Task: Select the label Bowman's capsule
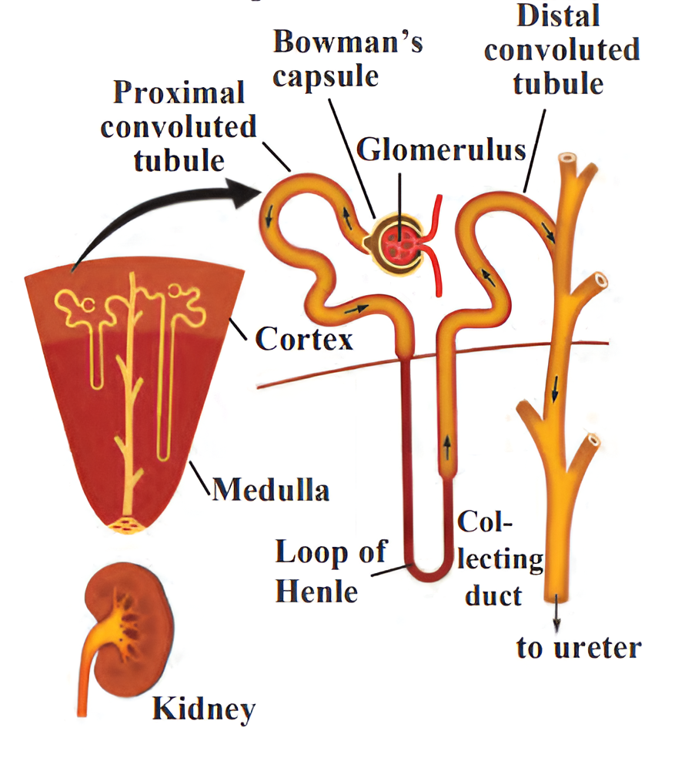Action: click(348, 59)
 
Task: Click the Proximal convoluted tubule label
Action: click(179, 126)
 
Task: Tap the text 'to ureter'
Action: click(578, 648)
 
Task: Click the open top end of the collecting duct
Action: click(567, 160)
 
